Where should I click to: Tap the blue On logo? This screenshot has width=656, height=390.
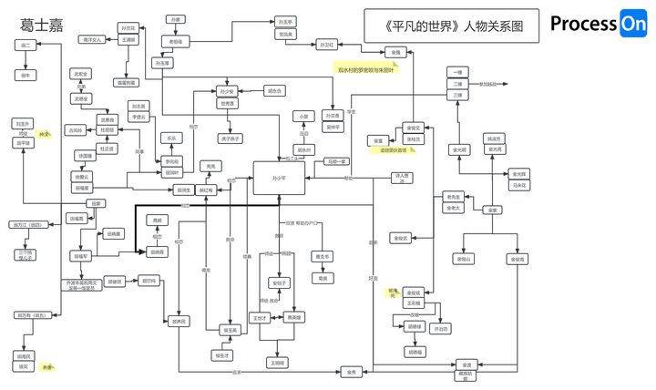click(632, 25)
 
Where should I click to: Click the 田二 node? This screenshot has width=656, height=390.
click(26, 45)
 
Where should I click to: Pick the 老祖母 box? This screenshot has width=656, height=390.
click(175, 41)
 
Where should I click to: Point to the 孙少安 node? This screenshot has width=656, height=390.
click(227, 91)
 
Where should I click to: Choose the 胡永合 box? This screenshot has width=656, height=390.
click(275, 91)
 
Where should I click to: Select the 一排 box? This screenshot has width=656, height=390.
click(457, 70)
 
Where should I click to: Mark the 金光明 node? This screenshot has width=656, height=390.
click(458, 149)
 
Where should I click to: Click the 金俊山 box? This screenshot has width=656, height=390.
click(463, 260)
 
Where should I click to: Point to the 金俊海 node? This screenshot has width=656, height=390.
click(518, 260)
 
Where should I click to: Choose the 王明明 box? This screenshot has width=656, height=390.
click(277, 362)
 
